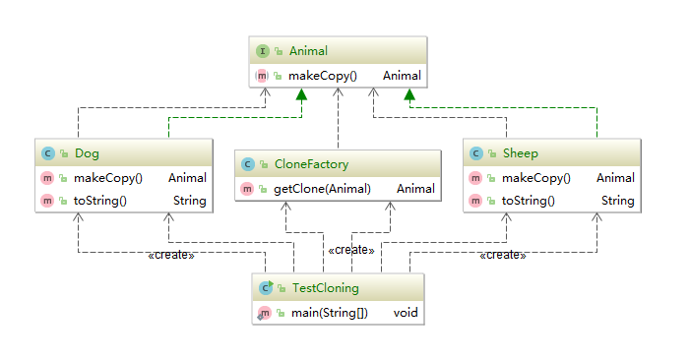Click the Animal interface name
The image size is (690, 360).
[308, 51]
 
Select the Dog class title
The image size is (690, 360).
[87, 153]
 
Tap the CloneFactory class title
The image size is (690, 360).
[310, 164]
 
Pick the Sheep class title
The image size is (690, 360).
[520, 153]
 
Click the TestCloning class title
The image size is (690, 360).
[325, 288]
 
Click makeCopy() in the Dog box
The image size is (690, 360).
[108, 178]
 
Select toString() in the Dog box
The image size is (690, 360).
[101, 201]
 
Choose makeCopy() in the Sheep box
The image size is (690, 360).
[535, 178]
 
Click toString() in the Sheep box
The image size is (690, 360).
[529, 201]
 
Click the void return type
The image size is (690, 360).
[407, 314]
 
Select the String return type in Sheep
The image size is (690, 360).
[617, 201]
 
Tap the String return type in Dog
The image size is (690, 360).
[189, 201]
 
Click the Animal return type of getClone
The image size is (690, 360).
[415, 189]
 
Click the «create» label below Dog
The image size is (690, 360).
[170, 256]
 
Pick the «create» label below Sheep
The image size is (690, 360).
[502, 256]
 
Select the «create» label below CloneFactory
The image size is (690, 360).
[350, 251]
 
